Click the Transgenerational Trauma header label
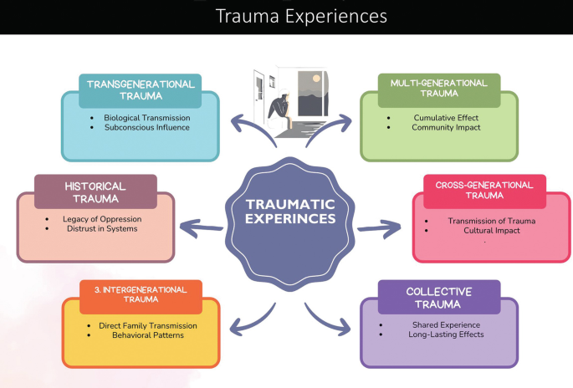pyautogui.click(x=141, y=90)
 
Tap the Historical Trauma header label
pyautogui.click(x=95, y=191)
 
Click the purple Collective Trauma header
pyautogui.click(x=438, y=297)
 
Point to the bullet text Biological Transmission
pyautogui.click(x=147, y=117)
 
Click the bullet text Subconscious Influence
pyautogui.click(x=147, y=128)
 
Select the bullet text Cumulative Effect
pyautogui.click(x=446, y=118)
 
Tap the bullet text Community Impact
pyautogui.click(x=446, y=129)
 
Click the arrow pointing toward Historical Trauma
pyautogui.click(x=200, y=225)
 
